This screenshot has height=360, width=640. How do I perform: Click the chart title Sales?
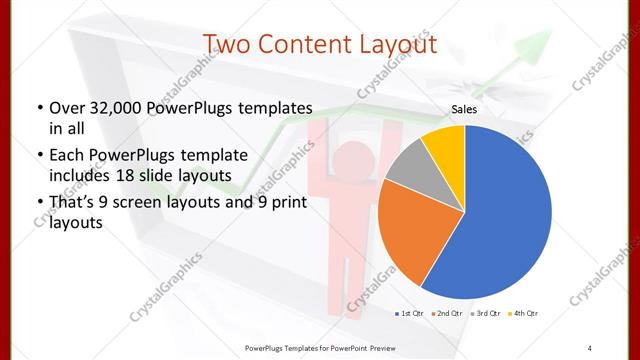[x=465, y=109]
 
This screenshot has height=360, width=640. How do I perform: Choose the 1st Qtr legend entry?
[x=409, y=314]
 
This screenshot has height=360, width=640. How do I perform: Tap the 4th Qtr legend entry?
[x=526, y=314]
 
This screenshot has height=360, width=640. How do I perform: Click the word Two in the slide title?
[x=228, y=44]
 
